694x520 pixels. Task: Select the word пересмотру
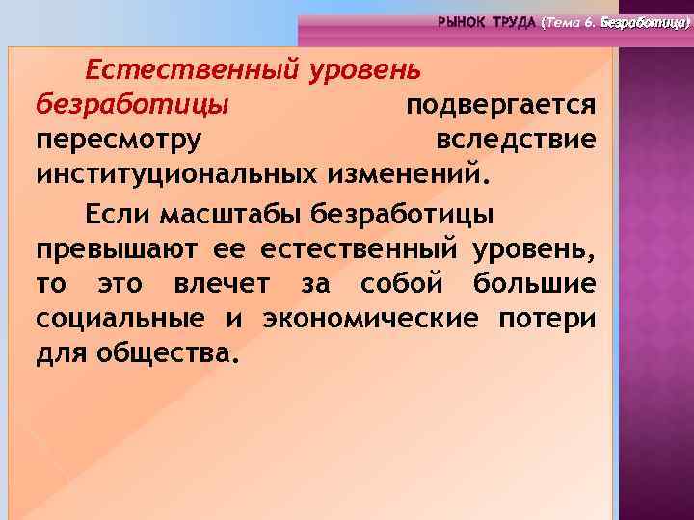coord(119,141)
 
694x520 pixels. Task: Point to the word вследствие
coord(516,140)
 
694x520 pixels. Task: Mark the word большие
coord(534,283)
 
